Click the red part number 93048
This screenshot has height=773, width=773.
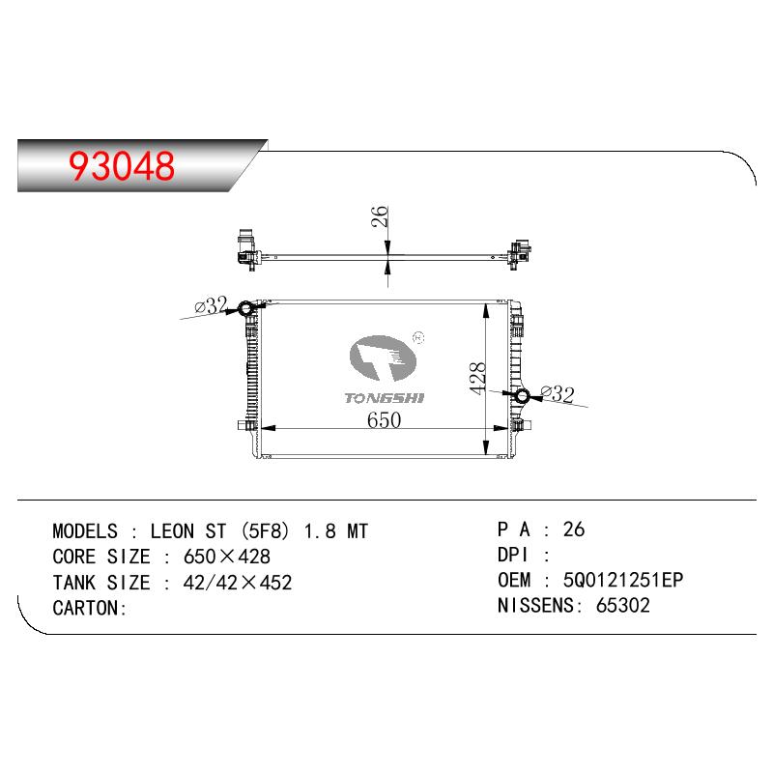(x=122, y=165)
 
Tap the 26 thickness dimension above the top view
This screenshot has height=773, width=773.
(x=380, y=216)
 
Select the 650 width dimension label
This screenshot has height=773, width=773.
(x=384, y=420)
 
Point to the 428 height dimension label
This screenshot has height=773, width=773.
(x=477, y=378)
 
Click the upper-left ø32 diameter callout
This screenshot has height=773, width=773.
(x=211, y=305)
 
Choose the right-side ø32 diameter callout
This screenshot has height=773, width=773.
(x=558, y=394)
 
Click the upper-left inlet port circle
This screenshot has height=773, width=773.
(x=245, y=309)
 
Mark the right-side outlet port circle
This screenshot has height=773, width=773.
(x=522, y=396)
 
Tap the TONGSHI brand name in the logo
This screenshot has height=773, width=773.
(x=384, y=398)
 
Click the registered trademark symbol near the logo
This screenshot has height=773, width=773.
(x=418, y=337)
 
